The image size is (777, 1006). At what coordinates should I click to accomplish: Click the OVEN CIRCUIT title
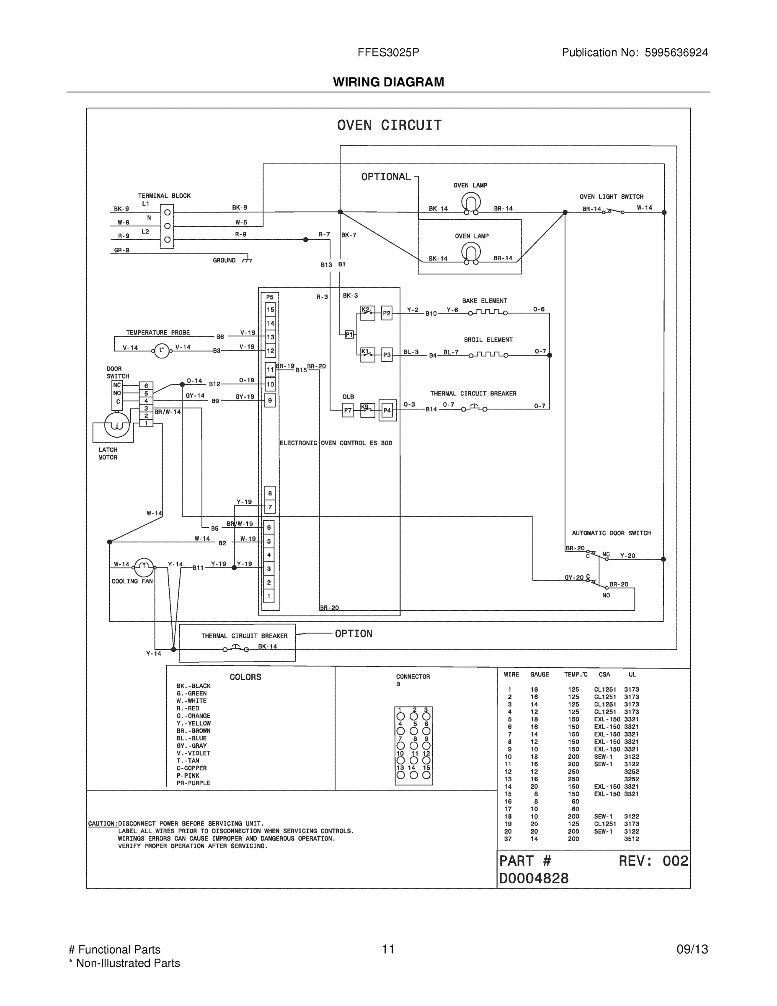click(389, 125)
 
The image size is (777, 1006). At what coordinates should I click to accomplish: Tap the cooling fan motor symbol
click(144, 567)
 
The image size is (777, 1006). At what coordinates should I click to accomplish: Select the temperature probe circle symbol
click(161, 350)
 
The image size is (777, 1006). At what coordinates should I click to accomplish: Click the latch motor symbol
click(117, 425)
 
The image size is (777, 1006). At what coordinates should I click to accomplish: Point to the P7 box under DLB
click(348, 410)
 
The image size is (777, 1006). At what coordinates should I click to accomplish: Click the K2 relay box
click(367, 313)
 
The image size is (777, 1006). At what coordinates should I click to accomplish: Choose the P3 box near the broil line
click(387, 355)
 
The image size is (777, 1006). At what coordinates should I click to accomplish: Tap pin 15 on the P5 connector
click(271, 309)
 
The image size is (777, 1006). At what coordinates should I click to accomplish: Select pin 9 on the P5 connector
click(270, 400)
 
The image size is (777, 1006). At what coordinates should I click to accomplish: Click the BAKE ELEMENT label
click(484, 301)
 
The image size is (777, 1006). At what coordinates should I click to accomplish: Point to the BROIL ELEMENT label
click(488, 340)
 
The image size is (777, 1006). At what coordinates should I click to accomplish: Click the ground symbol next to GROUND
click(247, 260)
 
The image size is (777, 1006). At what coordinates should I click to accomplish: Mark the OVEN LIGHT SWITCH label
click(611, 197)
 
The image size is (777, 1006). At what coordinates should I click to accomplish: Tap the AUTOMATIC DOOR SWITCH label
click(611, 533)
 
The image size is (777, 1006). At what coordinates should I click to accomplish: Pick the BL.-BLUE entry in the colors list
click(191, 738)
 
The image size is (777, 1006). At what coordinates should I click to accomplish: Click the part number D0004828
click(534, 879)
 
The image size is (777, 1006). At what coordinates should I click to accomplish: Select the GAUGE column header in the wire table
click(540, 674)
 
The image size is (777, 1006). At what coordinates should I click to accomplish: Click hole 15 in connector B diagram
click(426, 775)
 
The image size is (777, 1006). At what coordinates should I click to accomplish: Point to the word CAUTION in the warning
click(102, 823)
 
